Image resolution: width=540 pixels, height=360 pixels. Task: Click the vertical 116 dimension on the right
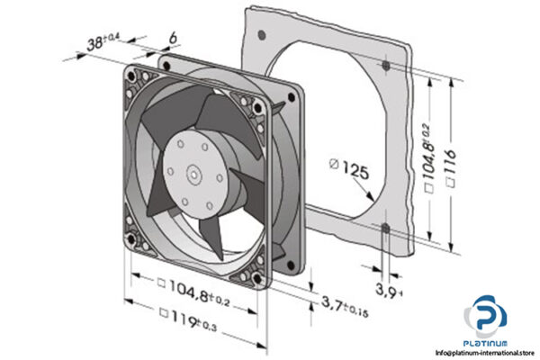[458, 163]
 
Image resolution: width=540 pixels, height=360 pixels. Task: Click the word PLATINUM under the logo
[487, 343]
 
